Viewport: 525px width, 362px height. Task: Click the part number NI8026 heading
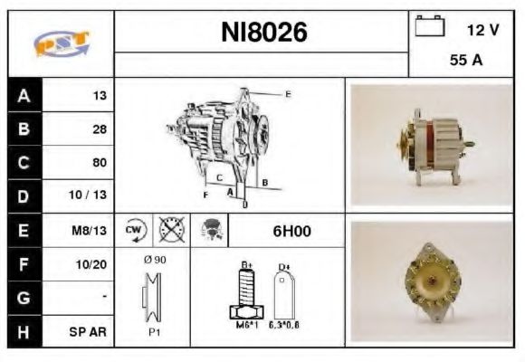(264, 33)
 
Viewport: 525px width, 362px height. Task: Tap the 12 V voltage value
(482, 30)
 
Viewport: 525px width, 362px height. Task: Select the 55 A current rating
(464, 61)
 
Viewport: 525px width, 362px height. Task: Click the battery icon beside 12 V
(428, 27)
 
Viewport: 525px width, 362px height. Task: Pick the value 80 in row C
(100, 163)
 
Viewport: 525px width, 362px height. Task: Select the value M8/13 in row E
(91, 230)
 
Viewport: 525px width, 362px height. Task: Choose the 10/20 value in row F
(93, 263)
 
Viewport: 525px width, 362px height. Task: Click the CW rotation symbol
(134, 230)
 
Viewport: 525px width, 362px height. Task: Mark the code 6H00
(291, 231)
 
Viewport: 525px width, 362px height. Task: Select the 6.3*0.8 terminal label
(284, 322)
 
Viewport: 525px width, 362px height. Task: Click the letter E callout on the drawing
(288, 94)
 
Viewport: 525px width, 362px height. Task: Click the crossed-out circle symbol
(170, 230)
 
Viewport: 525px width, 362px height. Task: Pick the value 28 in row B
(100, 129)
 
